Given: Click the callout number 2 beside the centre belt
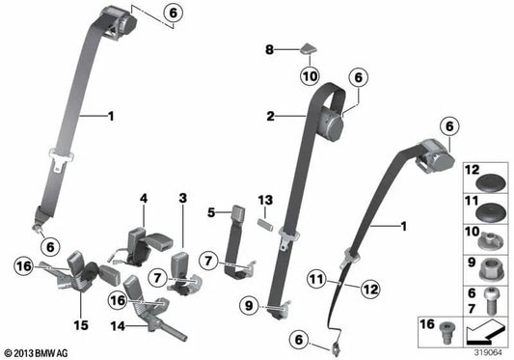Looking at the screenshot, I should pyautogui.click(x=271, y=117).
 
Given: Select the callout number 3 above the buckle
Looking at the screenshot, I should pyautogui.click(x=181, y=198).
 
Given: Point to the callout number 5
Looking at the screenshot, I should pyautogui.click(x=210, y=211).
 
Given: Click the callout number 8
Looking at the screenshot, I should pyautogui.click(x=271, y=47).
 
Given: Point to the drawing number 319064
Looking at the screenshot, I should pyautogui.click(x=487, y=351).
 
